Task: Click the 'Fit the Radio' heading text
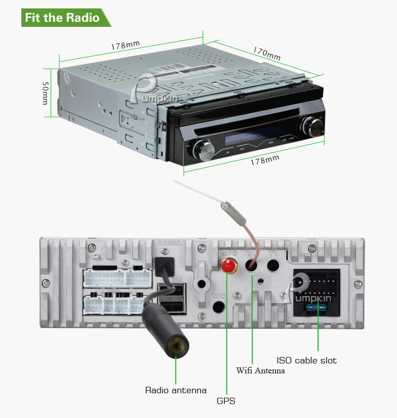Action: [62, 18]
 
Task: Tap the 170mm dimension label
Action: [266, 54]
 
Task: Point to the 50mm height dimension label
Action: [45, 93]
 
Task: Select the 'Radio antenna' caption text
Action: [175, 390]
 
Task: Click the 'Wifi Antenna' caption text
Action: [260, 370]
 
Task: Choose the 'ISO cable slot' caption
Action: [307, 360]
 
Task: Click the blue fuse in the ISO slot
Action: [317, 308]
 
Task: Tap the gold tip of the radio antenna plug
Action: [175, 346]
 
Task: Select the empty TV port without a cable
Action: [273, 265]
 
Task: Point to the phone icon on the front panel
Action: [270, 140]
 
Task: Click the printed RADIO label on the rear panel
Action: [168, 243]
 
